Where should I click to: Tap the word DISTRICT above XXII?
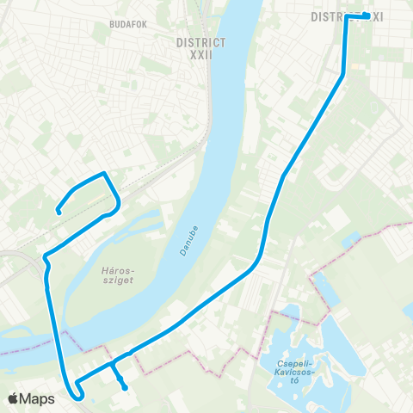point(200,41)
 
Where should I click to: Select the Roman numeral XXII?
point(200,54)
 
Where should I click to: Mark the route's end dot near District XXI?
point(367,15)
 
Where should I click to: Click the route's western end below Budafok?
point(58,210)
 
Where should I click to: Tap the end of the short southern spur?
point(125,387)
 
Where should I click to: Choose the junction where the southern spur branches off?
point(113,367)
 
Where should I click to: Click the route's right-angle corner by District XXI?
point(347,17)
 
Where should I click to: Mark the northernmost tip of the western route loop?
point(104,174)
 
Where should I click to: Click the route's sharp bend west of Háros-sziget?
point(44,257)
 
